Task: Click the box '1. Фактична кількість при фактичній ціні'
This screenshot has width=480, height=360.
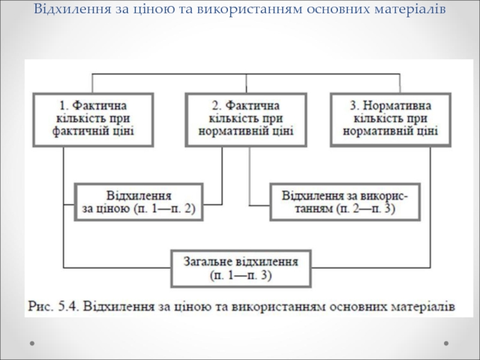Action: coord(93,120)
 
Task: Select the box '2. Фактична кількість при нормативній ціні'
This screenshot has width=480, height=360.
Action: coord(246,120)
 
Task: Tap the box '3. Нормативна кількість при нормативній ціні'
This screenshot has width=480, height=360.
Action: coord(391,120)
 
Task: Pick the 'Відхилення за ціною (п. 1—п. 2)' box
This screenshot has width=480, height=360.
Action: coord(139,202)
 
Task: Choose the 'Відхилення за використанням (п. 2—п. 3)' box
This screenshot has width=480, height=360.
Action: coord(345,202)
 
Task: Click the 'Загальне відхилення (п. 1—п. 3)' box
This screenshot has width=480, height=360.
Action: coord(241,269)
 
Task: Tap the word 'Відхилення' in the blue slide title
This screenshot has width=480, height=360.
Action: coord(72,9)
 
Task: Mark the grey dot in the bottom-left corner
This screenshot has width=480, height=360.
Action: coord(32,343)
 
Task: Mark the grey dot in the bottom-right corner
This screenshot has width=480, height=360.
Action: coord(446,343)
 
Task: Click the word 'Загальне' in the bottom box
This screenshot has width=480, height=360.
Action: coord(208,262)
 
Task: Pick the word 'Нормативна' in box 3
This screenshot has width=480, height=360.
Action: coord(397,106)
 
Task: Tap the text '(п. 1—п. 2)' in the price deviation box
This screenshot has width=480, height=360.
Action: coord(164,209)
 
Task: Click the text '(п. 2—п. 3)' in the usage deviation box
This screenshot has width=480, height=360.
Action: coord(366,209)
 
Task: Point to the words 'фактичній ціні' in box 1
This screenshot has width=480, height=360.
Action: coord(93,131)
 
